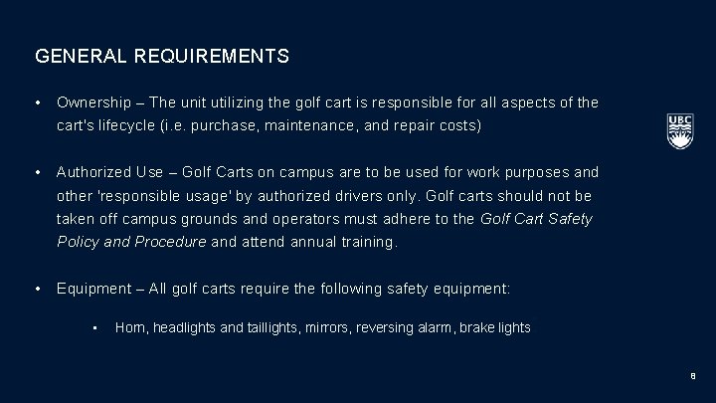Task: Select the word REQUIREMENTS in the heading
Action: click(x=210, y=57)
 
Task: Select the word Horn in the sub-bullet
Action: click(x=129, y=326)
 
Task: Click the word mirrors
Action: click(x=312, y=326)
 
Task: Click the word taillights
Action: click(x=262, y=326)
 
